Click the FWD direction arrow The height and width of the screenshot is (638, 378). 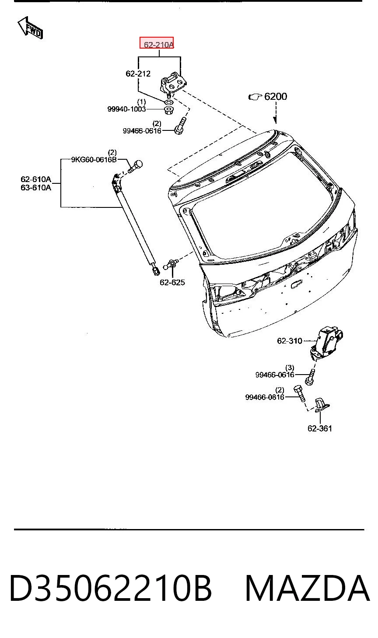(30, 28)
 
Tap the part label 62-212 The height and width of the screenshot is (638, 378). (138, 74)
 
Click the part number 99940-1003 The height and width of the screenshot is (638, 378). (126, 109)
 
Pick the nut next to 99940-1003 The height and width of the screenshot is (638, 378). (169, 110)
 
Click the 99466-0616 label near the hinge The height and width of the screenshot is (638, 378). (142, 131)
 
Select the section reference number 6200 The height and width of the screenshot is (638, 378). (276, 97)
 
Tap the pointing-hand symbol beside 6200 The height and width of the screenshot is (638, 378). (255, 97)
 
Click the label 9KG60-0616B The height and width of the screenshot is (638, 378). (94, 159)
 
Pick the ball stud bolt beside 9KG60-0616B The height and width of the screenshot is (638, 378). (135, 166)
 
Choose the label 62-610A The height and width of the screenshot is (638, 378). (36, 179)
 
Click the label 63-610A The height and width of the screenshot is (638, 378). (36, 187)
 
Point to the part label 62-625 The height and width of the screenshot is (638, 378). (172, 282)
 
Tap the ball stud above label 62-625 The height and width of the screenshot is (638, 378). (171, 264)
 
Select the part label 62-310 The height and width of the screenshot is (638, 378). (290, 340)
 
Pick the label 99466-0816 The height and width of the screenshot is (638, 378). (265, 397)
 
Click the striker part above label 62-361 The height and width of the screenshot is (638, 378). (321, 406)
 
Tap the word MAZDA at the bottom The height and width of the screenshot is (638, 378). (307, 588)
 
